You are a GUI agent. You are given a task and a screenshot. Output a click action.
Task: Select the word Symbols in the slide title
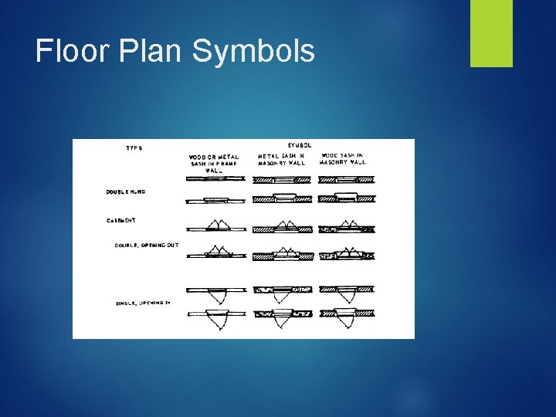pyautogui.click(x=253, y=52)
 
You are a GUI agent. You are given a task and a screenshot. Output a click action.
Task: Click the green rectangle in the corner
pyautogui.click(x=491, y=33)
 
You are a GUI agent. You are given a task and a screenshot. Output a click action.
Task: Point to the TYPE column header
pyautogui.click(x=134, y=147)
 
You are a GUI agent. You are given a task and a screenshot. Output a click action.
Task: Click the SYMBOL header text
pyautogui.click(x=300, y=145)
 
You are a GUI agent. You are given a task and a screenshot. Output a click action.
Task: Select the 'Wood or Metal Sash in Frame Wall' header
pyautogui.click(x=214, y=163)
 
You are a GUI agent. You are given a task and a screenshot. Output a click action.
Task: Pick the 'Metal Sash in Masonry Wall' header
pyautogui.click(x=282, y=159)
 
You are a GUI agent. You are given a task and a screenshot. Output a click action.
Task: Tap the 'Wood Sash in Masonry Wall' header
pyautogui.click(x=343, y=159)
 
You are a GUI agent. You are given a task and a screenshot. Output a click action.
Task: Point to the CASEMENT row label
pyautogui.click(x=121, y=220)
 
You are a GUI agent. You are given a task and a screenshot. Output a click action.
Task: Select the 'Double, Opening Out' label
pyautogui.click(x=147, y=246)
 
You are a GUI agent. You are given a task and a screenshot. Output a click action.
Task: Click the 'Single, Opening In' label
pyautogui.click(x=142, y=302)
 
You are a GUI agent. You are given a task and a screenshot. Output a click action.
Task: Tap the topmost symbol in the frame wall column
pyautogui.click(x=215, y=178)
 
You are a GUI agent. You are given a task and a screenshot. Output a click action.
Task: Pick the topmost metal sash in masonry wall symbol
pyautogui.click(x=283, y=178)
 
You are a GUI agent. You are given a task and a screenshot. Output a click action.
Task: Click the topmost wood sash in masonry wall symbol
pyautogui.click(x=347, y=178)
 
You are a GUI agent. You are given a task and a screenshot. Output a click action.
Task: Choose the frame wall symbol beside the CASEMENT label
pyautogui.click(x=215, y=226)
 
